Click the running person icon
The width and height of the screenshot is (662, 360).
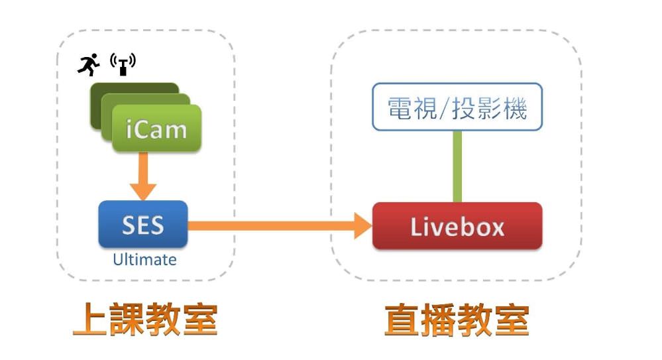88,65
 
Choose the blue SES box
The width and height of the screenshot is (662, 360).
142,225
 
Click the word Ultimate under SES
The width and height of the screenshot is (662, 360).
144,259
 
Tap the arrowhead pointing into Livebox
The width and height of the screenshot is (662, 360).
361,225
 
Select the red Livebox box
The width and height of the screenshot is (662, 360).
457,226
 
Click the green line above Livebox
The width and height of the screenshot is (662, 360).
457,166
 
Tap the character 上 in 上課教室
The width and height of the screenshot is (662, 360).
90,320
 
